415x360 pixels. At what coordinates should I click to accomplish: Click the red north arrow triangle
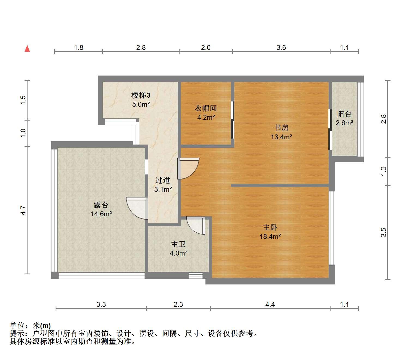[x=27, y=49]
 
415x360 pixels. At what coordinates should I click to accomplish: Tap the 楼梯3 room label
[x=141, y=95]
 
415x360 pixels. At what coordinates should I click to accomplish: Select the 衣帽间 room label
[x=206, y=108]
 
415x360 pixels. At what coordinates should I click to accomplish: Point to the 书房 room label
[x=281, y=128]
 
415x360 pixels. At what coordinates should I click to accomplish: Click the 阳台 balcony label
[x=344, y=114]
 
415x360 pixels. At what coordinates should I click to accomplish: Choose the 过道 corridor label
[x=163, y=180]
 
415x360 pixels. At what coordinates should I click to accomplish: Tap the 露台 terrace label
[x=101, y=205]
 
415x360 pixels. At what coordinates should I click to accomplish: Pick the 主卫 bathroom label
[x=178, y=244]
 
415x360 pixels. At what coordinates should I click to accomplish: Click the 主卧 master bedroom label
[x=270, y=227]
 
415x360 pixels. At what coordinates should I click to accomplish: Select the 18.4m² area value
[x=270, y=236]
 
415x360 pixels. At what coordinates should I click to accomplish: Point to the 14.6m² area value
[x=101, y=214]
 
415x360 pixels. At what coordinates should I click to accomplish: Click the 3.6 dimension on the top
[x=281, y=48]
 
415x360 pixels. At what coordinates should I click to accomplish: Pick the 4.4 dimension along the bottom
[x=270, y=305]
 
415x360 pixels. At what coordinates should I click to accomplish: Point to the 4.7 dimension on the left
[x=23, y=210]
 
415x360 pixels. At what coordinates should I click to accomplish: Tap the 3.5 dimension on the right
[x=383, y=232]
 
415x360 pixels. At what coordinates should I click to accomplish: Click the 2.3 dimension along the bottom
[x=178, y=305]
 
